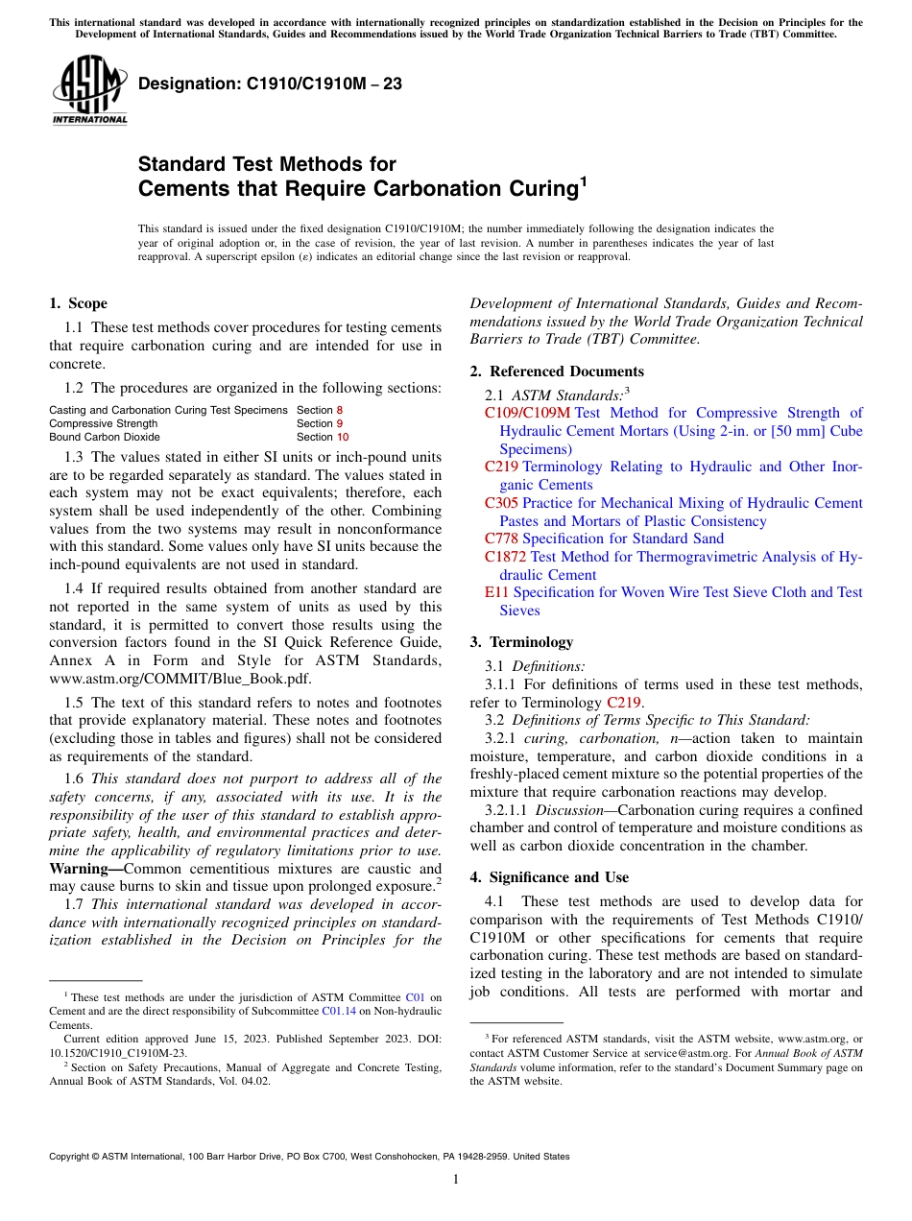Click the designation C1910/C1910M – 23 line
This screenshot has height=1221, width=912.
pos(270,84)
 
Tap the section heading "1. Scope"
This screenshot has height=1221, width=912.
pos(78,303)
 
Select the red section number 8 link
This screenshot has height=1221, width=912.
pos(339,410)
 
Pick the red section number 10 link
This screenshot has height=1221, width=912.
pos(343,437)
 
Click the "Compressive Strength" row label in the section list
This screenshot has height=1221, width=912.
pos(103,423)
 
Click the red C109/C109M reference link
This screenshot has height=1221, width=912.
pos(527,413)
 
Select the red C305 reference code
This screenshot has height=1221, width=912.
pos(501,503)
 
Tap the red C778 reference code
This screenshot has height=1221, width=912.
pos(501,539)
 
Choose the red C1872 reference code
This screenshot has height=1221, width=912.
pos(505,557)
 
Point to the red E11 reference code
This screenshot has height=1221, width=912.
pos(497,592)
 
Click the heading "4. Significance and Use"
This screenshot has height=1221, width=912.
pos(549,877)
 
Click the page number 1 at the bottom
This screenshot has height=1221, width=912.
pos(456,1180)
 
